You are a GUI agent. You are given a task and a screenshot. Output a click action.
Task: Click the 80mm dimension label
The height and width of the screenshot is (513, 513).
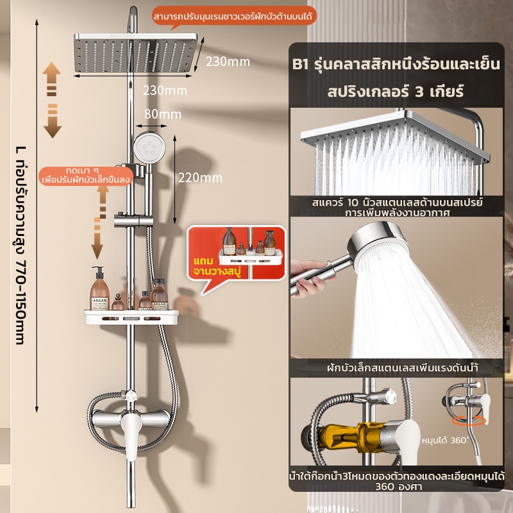(163, 114)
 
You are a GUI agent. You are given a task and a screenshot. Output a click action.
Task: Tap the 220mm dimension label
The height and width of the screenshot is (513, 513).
(200, 178)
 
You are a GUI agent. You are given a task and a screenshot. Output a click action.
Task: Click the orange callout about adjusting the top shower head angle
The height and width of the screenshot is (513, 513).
(234, 15)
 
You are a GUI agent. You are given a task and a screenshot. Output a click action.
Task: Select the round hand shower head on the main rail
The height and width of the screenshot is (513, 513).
(149, 147)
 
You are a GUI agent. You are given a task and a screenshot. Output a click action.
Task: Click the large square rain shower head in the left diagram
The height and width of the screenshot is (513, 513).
(135, 53)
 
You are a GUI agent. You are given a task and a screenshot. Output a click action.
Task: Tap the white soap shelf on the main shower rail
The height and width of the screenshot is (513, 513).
(131, 317)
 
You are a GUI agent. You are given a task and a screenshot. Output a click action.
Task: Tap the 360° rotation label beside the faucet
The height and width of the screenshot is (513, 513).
(445, 441)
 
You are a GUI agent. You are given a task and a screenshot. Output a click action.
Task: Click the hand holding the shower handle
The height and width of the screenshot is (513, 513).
(309, 278)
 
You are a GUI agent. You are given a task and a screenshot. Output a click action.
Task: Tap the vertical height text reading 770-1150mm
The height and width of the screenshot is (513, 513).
(21, 246)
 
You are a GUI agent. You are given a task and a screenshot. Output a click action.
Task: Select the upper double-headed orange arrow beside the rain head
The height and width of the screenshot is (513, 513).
(53, 100)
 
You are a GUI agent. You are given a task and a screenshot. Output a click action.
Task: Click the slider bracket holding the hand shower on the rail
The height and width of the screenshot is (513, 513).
(133, 220)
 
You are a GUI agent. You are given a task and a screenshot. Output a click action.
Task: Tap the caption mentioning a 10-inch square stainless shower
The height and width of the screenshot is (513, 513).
(397, 206)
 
